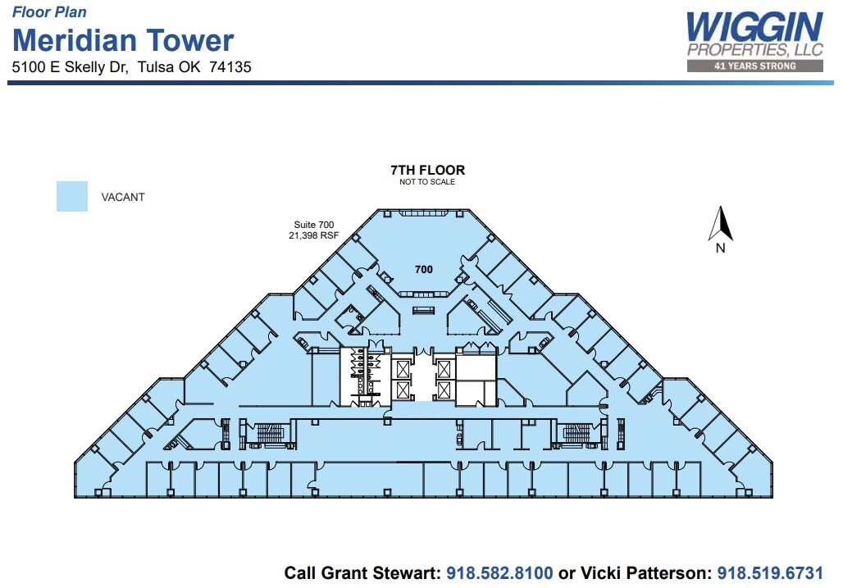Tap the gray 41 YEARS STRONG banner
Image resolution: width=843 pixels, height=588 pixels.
point(754,66)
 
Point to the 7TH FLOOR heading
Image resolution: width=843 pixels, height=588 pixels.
point(427,171)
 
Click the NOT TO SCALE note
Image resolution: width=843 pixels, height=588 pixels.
point(427,182)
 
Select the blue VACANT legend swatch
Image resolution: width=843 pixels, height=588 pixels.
point(72,197)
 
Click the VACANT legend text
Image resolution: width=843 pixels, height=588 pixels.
point(123,198)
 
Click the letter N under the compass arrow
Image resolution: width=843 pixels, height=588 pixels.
point(720,249)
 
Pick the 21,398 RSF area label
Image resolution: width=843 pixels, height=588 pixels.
point(313,236)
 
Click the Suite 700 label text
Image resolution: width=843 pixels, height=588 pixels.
point(314,225)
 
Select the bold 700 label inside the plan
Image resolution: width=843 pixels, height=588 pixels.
point(423,269)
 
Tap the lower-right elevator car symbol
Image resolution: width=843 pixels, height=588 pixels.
point(443,390)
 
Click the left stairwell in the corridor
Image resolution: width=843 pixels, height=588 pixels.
point(269,433)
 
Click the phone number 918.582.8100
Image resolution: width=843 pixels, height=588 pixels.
point(499,572)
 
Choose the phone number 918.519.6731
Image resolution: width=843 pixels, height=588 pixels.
point(770,572)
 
